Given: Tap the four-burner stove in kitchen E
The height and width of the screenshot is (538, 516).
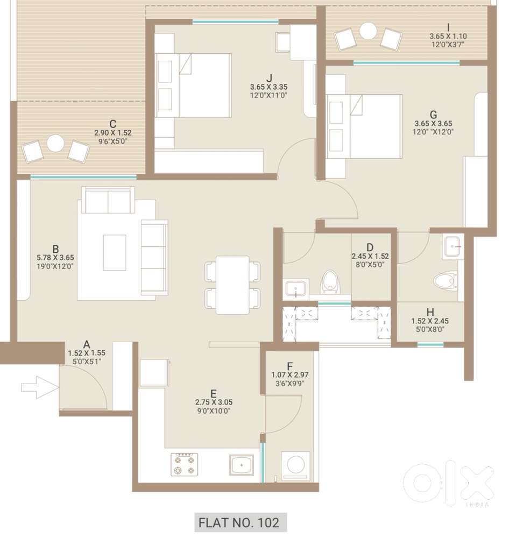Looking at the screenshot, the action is tap(184, 465).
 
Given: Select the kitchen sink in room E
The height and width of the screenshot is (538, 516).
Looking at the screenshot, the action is tap(242, 465).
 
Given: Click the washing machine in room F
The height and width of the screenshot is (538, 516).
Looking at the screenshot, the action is tap(295, 466).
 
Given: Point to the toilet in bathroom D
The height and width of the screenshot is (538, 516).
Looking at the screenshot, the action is tap(330, 282).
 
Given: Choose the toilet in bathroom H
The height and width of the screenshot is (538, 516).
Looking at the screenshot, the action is tap(446, 281).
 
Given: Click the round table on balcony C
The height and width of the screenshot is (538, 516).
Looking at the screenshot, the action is tap(55, 143).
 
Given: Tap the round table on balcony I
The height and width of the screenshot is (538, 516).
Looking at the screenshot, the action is tap(368, 31).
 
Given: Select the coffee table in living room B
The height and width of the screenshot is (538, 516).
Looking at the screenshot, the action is tap(115, 252).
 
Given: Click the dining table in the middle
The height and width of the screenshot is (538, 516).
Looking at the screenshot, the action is tap(232, 285).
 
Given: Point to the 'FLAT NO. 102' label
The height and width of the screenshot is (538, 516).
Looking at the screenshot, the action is tap(239, 522).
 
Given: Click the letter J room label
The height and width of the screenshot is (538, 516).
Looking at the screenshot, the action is tap(270, 78).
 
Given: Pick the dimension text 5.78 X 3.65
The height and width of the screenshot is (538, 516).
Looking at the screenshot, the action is tap(55, 257).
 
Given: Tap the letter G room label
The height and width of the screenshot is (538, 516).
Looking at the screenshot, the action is tap(433, 115).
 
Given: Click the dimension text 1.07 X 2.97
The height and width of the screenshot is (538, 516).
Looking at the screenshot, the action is tap(290, 375).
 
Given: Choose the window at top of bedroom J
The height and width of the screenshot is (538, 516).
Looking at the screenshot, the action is tap(235, 22).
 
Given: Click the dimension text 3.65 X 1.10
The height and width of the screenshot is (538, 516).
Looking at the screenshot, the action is tap(448, 36).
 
